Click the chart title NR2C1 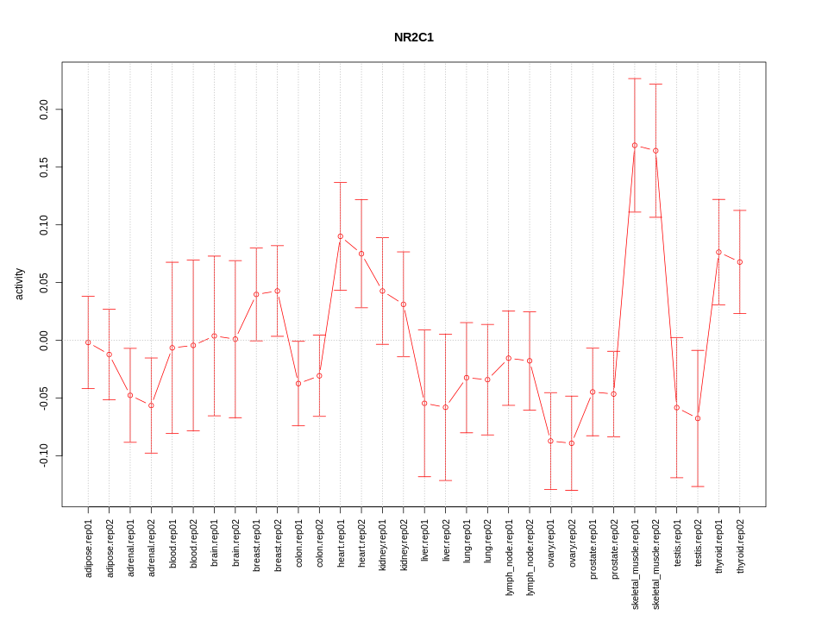414,37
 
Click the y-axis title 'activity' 19,284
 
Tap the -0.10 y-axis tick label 44,455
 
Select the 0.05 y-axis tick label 44,283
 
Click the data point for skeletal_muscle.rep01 635,146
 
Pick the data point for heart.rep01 341,236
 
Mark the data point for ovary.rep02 572,443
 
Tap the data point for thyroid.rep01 718,252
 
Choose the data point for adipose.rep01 88,342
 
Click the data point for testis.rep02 698,418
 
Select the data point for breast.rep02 278,291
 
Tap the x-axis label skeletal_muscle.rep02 656,565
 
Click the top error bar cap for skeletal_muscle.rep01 635,78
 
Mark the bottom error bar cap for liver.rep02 446,480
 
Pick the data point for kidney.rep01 383,291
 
